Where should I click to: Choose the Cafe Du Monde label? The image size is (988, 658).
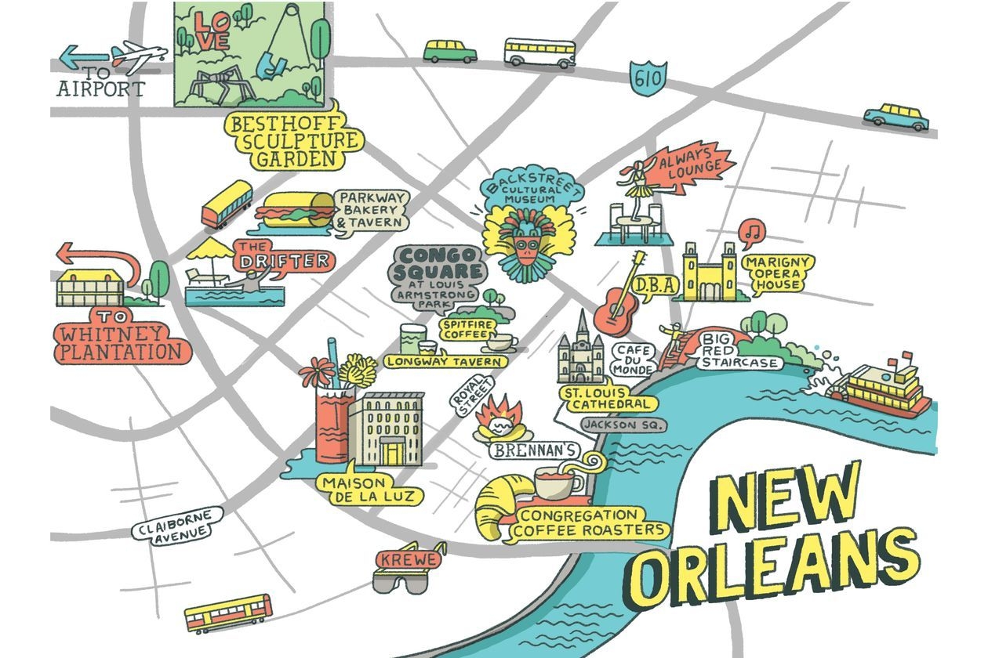633,359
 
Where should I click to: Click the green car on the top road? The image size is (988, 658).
450,52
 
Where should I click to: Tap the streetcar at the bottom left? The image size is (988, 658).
228,613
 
